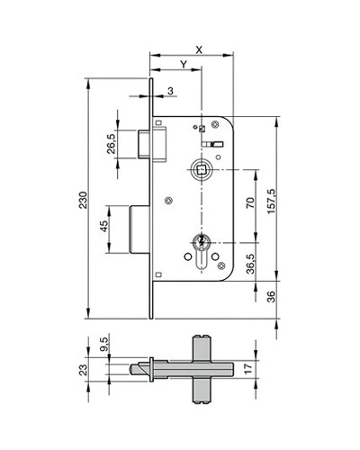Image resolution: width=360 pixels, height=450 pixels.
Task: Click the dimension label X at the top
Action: click(x=199, y=49)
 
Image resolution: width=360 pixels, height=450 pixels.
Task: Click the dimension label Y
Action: click(x=184, y=64)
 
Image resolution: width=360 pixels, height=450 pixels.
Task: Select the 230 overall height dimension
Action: click(x=83, y=200)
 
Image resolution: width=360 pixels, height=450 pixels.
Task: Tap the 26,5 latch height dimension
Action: click(x=111, y=144)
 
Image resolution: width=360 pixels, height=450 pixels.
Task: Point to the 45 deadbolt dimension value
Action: click(x=103, y=226)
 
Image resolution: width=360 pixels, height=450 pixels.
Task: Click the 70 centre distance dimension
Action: click(x=250, y=202)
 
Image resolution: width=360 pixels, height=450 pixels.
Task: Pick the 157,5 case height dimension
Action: click(x=271, y=202)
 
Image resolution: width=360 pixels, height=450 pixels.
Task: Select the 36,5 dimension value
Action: click(x=250, y=264)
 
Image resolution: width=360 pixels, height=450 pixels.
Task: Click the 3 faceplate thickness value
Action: click(x=170, y=91)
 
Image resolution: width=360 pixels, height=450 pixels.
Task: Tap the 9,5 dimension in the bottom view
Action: click(x=103, y=344)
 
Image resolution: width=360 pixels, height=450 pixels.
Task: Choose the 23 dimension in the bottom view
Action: click(x=83, y=369)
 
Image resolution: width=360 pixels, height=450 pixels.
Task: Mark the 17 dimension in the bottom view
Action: click(x=248, y=369)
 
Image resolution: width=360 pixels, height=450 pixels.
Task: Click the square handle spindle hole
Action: click(x=200, y=170)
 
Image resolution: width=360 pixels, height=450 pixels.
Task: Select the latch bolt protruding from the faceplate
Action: click(x=144, y=143)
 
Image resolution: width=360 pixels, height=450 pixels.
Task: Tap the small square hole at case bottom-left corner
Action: click(x=158, y=274)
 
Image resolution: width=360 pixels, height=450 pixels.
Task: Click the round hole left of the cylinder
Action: click(x=188, y=256)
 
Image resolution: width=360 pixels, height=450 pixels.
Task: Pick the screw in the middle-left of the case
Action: click(x=169, y=200)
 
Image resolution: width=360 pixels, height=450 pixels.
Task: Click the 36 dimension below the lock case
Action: click(x=271, y=297)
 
